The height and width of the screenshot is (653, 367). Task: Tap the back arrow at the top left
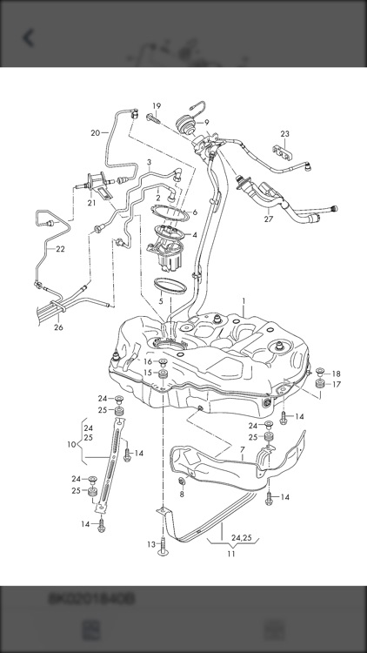[x=29, y=37]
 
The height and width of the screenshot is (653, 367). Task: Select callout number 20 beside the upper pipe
[x=95, y=132]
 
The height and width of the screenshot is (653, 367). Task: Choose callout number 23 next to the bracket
[x=284, y=133]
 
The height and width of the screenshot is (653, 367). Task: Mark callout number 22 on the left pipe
[x=59, y=249]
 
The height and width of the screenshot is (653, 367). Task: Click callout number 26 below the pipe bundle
[x=58, y=327]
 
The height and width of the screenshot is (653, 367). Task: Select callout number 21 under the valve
[x=90, y=203]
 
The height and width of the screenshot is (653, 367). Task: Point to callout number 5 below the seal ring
[x=161, y=300]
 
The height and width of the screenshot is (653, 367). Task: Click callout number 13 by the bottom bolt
[x=150, y=543]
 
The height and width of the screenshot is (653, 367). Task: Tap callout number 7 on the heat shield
[x=243, y=452]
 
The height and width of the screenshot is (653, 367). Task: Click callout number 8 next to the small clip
[x=182, y=494]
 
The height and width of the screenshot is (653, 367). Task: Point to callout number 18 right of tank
[x=336, y=374]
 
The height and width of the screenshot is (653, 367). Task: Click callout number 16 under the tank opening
[x=147, y=360]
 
